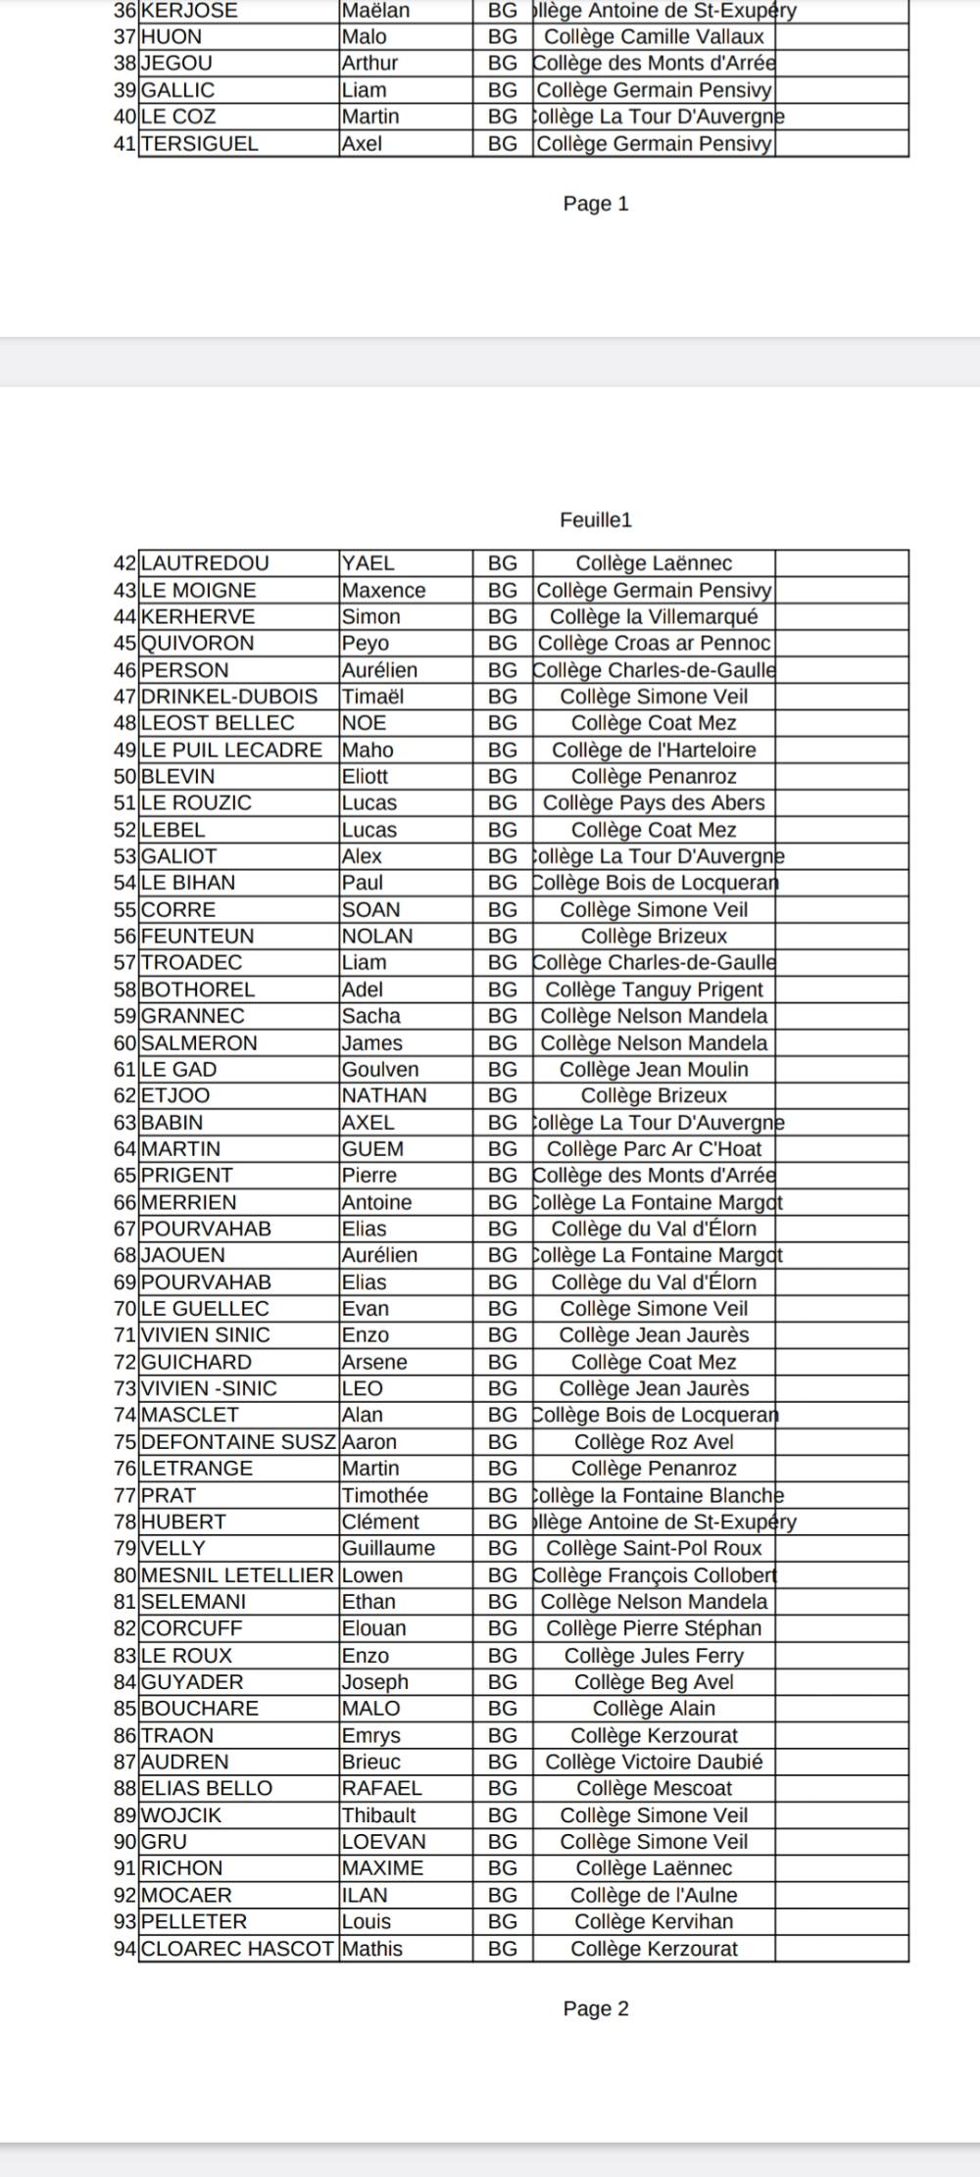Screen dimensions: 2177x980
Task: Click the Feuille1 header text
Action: pyautogui.click(x=596, y=520)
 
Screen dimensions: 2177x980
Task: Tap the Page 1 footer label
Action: pyautogui.click(x=596, y=204)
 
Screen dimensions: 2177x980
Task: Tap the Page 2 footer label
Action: pyautogui.click(x=596, y=2009)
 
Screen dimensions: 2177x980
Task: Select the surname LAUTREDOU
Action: pyautogui.click(x=205, y=563)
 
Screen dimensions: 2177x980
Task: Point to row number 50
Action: pyautogui.click(x=124, y=777)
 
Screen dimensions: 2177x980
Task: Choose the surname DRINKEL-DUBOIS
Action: pyautogui.click(x=229, y=697)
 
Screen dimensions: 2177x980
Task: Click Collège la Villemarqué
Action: pyautogui.click(x=654, y=617)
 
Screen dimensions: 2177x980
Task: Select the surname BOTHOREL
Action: pyautogui.click(x=198, y=990)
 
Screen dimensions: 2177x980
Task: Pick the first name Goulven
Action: pyautogui.click(x=380, y=1070)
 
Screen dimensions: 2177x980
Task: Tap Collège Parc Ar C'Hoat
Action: pyautogui.click(x=654, y=1149)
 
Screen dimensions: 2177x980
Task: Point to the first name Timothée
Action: pyautogui.click(x=385, y=1495)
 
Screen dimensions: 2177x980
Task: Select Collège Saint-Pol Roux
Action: pyautogui.click(x=654, y=1548)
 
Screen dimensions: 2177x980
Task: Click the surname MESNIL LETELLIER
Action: pyautogui.click(x=237, y=1575)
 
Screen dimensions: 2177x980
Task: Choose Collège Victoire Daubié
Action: pyautogui.click(x=654, y=1762)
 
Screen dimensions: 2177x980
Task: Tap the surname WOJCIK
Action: pyautogui.click(x=181, y=1815)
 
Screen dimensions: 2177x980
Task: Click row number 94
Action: pyautogui.click(x=124, y=1949)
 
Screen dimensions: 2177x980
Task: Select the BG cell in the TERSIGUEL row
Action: pyautogui.click(x=503, y=144)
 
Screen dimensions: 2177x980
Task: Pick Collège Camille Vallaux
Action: pyautogui.click(x=654, y=37)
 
